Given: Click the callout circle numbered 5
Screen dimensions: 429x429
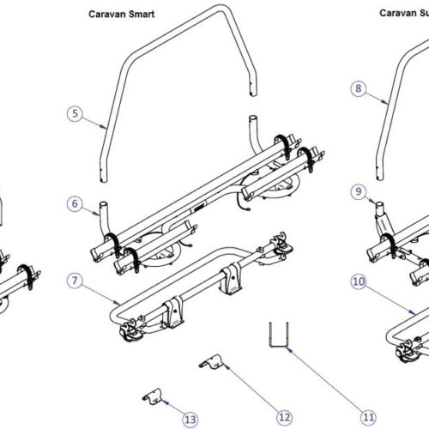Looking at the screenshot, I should (75, 112).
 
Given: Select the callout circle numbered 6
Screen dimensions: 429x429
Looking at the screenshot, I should (75, 203).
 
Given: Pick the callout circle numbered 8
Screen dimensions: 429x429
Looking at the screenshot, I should (359, 87).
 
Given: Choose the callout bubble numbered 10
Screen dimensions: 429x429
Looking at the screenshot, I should (359, 280).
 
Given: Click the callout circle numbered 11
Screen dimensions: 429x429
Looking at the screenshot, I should (368, 417).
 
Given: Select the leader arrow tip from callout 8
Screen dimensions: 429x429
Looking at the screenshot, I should (387, 102).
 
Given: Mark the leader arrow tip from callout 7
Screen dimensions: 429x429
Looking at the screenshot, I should (119, 302).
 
